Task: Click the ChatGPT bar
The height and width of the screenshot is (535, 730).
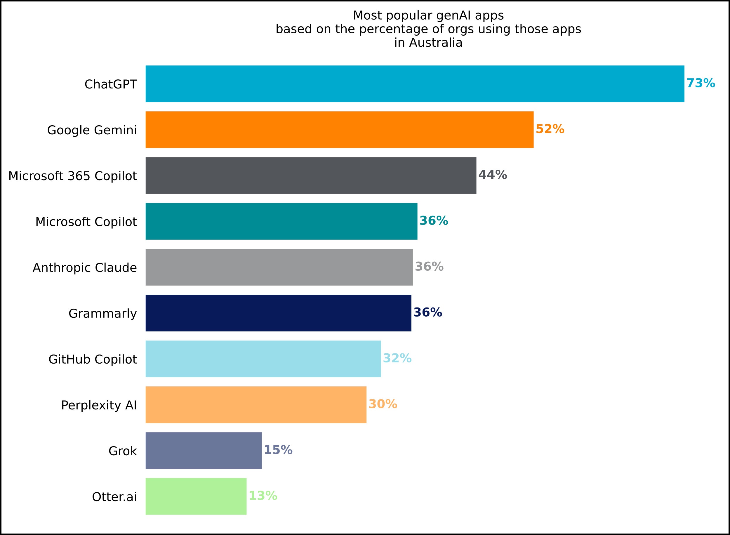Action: click(415, 84)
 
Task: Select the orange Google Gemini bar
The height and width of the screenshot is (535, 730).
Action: click(339, 130)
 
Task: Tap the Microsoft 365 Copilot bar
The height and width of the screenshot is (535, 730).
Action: click(311, 176)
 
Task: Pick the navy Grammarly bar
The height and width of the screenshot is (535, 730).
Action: click(278, 313)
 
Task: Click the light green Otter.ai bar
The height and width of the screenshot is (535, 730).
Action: click(196, 496)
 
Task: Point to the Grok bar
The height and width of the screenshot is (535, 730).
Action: click(204, 451)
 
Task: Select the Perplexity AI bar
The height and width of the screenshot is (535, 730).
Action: click(256, 404)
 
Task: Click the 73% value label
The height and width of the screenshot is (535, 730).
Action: click(701, 83)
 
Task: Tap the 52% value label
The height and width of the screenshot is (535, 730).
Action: click(550, 129)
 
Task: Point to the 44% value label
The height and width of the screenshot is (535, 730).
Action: click(492, 175)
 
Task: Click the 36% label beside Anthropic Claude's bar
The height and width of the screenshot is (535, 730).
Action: click(429, 267)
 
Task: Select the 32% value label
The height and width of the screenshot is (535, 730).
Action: click(397, 358)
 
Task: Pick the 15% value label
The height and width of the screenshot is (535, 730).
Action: click(278, 450)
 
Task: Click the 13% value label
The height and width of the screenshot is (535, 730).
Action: click(263, 496)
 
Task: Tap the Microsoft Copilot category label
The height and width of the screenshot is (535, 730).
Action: click(86, 222)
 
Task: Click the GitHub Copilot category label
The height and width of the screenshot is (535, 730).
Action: click(93, 359)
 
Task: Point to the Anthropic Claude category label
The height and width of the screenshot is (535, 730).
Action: click(85, 268)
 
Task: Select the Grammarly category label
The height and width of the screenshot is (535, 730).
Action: click(102, 313)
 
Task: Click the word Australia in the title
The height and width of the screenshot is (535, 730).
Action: click(435, 43)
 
